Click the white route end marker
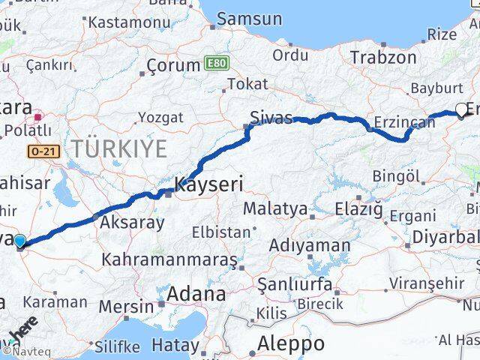(461, 111)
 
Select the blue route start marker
(19, 241)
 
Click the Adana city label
(197, 293)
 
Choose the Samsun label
(250, 19)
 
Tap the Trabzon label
(382, 57)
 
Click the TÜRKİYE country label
(119, 149)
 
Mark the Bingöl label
(395, 177)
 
